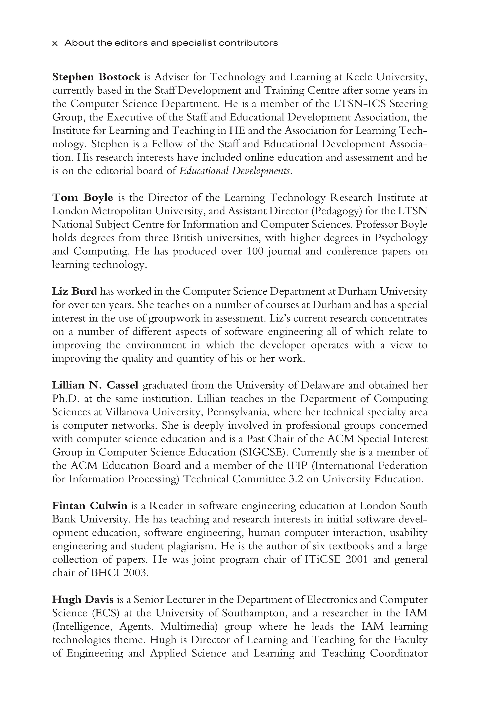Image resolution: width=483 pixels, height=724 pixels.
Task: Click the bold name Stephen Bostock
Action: tap(96, 77)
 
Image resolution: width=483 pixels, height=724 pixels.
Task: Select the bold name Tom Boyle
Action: tap(83, 197)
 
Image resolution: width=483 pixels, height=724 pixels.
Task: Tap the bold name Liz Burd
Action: tap(75, 291)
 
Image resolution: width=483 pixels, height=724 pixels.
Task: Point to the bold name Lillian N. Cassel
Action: tap(95, 385)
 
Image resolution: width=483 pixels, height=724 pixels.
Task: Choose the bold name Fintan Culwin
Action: tap(90, 506)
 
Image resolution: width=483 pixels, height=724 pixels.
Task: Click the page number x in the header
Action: tap(55, 43)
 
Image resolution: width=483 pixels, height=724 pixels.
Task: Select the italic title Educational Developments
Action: tap(234, 171)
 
